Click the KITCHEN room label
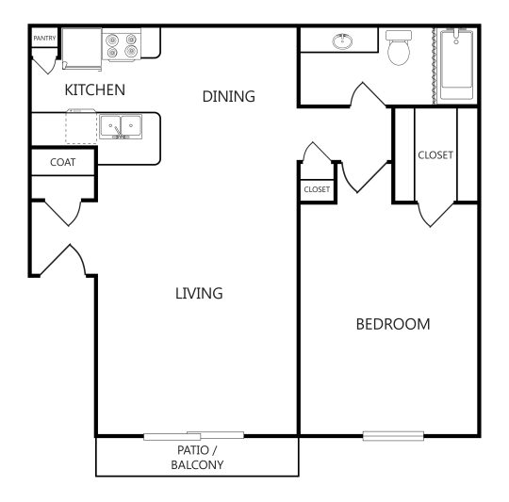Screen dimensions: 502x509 coord(94,90)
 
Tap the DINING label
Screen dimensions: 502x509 coord(229,96)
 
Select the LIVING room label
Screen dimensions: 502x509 coord(199,293)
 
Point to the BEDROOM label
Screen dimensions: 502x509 coord(392,324)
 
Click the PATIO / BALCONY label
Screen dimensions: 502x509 coord(197,457)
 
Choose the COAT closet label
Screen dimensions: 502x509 coord(62,162)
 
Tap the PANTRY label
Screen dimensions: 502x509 coord(44,39)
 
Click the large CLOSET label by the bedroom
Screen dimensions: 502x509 coord(435,154)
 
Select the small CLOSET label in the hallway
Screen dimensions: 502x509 coord(317,189)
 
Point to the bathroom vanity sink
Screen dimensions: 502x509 coord(341,42)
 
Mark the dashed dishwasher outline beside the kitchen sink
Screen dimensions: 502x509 coord(81,127)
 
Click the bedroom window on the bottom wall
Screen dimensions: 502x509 coord(393,436)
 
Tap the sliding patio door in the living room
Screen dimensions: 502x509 coord(193,436)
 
